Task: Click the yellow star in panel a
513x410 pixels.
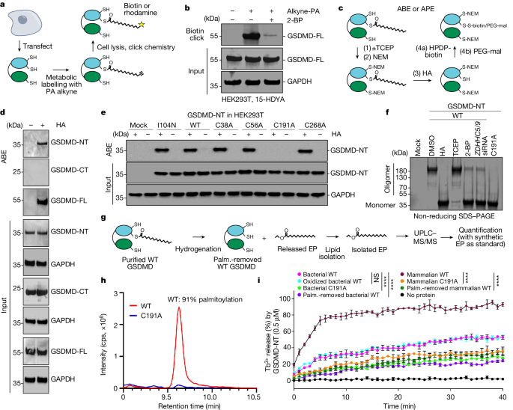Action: [x=142, y=25]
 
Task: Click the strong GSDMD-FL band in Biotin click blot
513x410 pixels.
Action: [x=252, y=36]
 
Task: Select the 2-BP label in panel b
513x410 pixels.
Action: [x=295, y=20]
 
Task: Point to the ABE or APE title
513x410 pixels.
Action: [x=416, y=9]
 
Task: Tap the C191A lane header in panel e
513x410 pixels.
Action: [x=284, y=125]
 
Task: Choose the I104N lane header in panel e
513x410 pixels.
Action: [x=167, y=125]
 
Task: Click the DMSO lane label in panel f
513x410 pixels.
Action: [x=431, y=145]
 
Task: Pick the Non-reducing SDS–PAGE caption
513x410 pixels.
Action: [x=454, y=216]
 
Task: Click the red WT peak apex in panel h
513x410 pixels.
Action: [x=179, y=307]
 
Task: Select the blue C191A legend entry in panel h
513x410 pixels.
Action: [x=146, y=316]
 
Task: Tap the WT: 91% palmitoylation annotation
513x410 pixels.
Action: [x=205, y=299]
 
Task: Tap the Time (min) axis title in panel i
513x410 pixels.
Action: [x=399, y=406]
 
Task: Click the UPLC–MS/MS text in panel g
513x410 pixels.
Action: [x=425, y=237]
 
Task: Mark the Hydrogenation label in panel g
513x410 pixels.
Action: [x=198, y=249]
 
